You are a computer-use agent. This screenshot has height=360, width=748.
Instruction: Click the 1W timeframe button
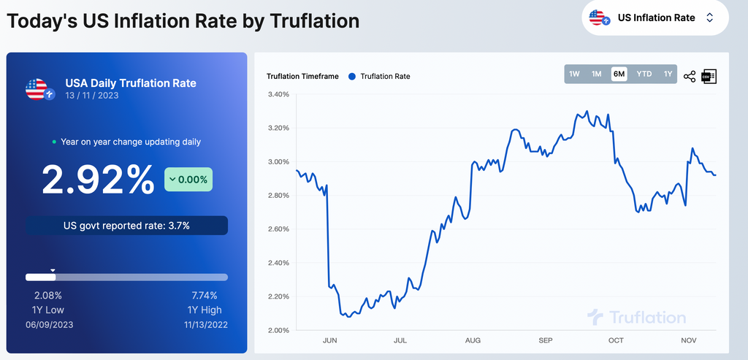point(574,74)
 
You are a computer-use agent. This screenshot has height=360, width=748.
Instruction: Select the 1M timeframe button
point(597,74)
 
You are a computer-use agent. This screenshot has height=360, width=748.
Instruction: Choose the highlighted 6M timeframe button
point(619,74)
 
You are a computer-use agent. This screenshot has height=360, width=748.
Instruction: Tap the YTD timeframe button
point(644,74)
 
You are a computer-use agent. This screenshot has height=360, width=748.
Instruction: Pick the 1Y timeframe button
point(668,74)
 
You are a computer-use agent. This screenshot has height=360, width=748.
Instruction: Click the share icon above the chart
point(689,76)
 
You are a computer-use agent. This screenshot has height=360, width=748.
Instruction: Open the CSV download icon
point(709,76)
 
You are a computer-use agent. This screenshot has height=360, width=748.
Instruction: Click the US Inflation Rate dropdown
point(655,18)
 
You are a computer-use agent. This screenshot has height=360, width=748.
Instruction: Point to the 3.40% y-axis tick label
point(279,95)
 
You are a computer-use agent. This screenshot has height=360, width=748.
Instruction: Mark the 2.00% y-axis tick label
point(279,331)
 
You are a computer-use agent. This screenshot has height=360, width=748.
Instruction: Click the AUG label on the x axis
point(473,340)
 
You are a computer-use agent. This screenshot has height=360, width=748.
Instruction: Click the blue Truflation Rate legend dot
point(352,76)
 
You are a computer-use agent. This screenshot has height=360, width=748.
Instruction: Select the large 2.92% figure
point(98,180)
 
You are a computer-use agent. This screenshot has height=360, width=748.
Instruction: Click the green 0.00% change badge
point(188,179)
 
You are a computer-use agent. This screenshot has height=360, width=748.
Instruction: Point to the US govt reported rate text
point(127,226)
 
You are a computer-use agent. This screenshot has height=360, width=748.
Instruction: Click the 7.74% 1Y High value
point(205,296)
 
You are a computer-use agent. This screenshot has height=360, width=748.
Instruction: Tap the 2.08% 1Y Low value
point(48,296)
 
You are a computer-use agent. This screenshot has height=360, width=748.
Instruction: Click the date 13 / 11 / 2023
point(92,96)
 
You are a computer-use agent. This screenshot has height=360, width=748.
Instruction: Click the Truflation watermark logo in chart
point(637,317)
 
